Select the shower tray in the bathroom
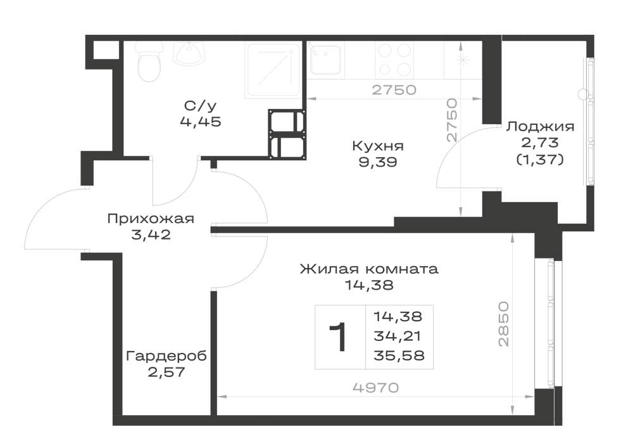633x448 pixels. (x=273, y=71)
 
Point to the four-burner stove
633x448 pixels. (x=393, y=60)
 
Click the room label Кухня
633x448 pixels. (x=377, y=146)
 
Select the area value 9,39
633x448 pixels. (x=377, y=162)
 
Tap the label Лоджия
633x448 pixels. (x=540, y=127)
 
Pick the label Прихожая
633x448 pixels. (x=151, y=219)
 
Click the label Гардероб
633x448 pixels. (x=166, y=356)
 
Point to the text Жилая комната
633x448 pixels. (x=369, y=269)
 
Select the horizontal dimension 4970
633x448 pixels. (x=375, y=388)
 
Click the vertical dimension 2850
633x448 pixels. (x=504, y=324)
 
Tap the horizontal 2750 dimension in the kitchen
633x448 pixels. (x=394, y=90)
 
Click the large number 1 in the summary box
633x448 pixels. (x=338, y=337)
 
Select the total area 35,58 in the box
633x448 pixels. (x=399, y=355)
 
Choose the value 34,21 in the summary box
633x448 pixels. (x=398, y=336)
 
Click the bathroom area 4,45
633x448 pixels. (x=201, y=122)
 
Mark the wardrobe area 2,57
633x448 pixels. (x=166, y=372)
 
